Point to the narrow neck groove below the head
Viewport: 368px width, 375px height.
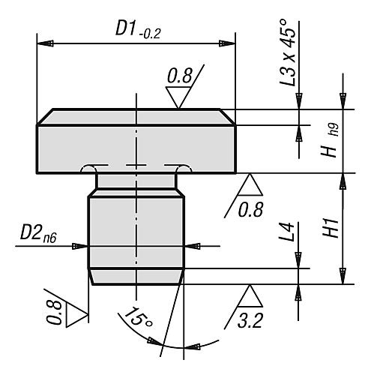(x=136, y=181)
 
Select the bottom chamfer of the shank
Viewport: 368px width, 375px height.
(x=136, y=277)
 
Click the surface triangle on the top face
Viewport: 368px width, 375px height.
(x=179, y=97)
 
